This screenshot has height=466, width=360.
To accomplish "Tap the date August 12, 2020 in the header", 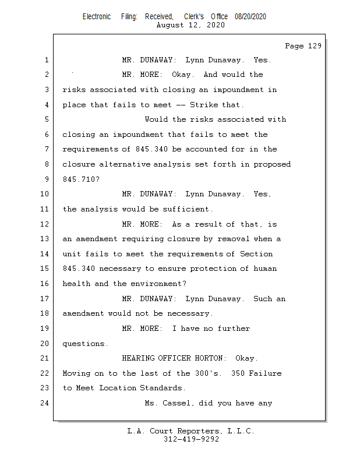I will point(191,25).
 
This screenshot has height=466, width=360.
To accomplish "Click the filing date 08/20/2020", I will point(250,16).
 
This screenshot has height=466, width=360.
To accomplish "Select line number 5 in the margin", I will point(46,119).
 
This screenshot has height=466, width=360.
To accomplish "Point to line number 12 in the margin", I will point(44,224).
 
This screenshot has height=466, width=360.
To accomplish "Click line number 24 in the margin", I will point(44,403).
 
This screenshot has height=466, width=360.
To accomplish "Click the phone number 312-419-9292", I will point(191,439).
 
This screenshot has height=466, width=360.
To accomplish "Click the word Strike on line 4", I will point(203,105).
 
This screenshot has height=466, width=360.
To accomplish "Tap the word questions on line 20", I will point(85,344).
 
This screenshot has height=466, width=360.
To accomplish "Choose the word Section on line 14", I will point(257,254).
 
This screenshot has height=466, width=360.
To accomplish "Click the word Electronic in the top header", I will point(97,16).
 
